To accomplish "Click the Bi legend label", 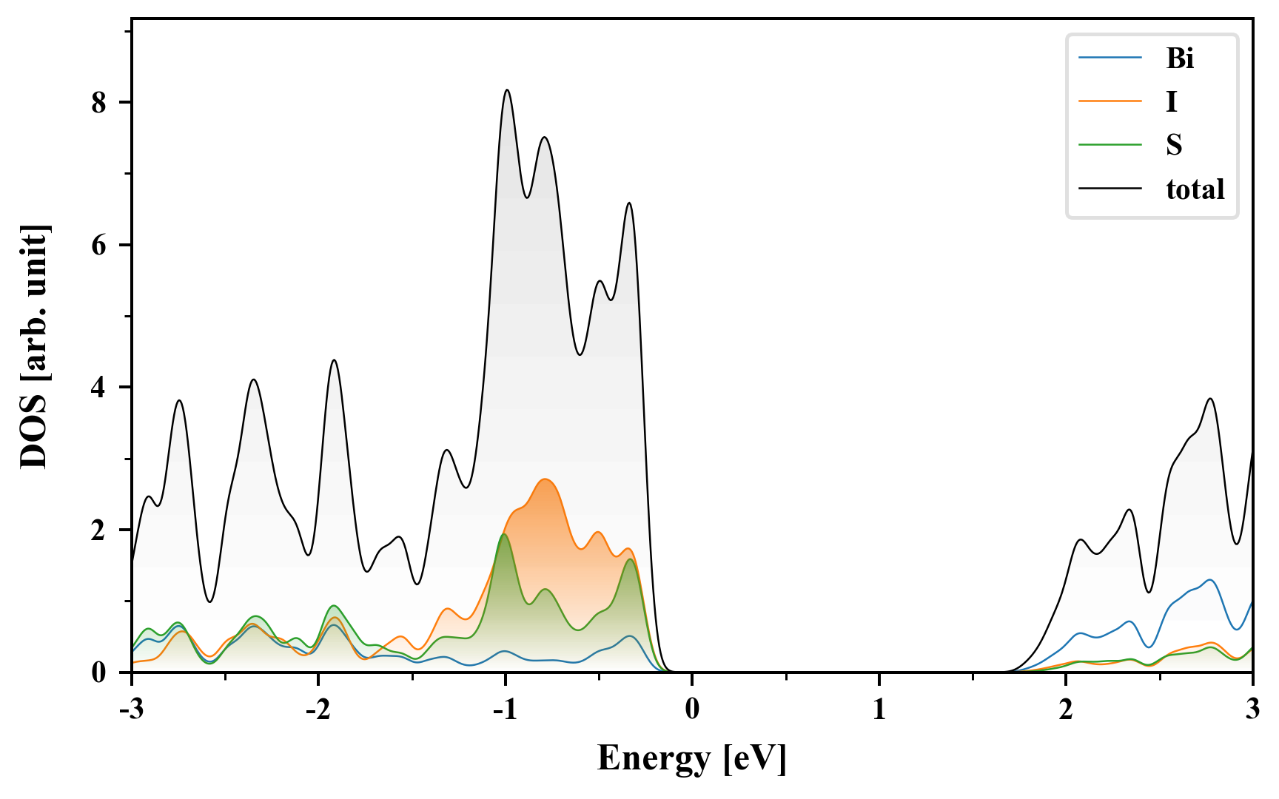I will pyautogui.click(x=1180, y=58).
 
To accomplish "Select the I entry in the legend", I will pyautogui.click(x=1171, y=101).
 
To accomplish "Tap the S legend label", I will pyautogui.click(x=1174, y=145).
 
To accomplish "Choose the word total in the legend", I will pyautogui.click(x=1195, y=189).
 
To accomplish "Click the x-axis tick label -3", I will pyautogui.click(x=131, y=709).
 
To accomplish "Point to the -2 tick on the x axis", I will pyautogui.click(x=318, y=709).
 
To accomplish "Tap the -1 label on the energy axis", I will pyautogui.click(x=504, y=709).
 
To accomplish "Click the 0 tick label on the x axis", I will pyautogui.click(x=692, y=709).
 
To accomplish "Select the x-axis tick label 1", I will pyautogui.click(x=879, y=709).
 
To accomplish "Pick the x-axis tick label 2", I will pyautogui.click(x=1066, y=709).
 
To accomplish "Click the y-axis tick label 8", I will pyautogui.click(x=99, y=103).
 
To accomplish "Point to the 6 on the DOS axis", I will pyautogui.click(x=99, y=245).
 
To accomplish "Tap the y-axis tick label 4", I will pyautogui.click(x=99, y=388).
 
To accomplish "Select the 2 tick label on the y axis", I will pyautogui.click(x=99, y=530).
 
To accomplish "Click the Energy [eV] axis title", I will pyautogui.click(x=691, y=758).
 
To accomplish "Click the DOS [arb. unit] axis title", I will pyautogui.click(x=34, y=346).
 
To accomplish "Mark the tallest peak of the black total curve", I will pyautogui.click(x=507, y=90).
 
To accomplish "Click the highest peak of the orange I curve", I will pyautogui.click(x=545, y=479).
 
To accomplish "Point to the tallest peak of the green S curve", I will pyautogui.click(x=504, y=534).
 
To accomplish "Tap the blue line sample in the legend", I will pyautogui.click(x=1110, y=58).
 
